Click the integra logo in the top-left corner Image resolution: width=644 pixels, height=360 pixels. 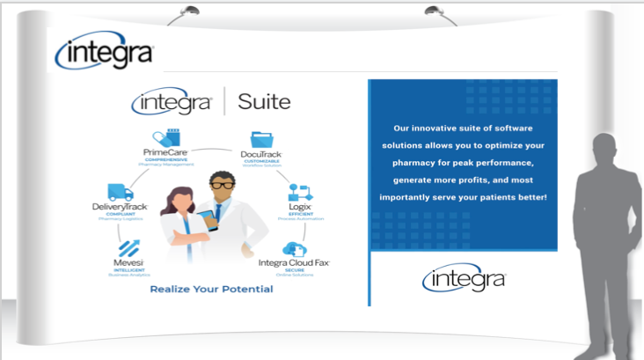104,52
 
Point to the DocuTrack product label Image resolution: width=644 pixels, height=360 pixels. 261,155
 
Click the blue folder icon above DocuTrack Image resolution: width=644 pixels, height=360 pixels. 261,138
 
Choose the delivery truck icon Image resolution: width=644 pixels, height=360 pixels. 120,192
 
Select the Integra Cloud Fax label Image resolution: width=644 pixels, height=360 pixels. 293,262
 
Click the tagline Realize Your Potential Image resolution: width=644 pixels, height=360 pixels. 211,289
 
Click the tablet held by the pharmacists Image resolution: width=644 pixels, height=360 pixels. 205,220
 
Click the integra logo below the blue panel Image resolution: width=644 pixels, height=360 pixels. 464,279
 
